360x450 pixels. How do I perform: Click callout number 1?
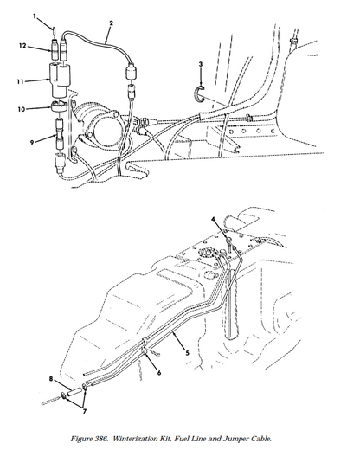[x=35, y=16]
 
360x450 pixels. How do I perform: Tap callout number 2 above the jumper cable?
[x=112, y=23]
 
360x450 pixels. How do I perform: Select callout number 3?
[x=201, y=64]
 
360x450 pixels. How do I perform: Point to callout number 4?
[x=213, y=220]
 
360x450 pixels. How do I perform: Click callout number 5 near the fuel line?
[x=187, y=353]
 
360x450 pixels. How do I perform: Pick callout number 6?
[x=159, y=373]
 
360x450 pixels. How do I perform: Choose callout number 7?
[x=85, y=411]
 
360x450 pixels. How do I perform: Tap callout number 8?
[x=51, y=379]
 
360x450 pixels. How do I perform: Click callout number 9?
[x=32, y=142]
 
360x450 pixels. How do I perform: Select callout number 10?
[x=22, y=109]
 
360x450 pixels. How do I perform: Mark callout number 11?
[x=20, y=81]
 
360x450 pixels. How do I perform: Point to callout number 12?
[x=22, y=46]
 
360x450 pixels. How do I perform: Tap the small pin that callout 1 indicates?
[x=54, y=29]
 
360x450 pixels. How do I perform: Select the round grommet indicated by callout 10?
[x=59, y=106]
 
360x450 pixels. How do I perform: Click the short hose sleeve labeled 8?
[x=74, y=392]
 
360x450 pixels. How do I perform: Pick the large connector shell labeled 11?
[x=60, y=80]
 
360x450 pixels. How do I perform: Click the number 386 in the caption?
[x=101, y=439]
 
